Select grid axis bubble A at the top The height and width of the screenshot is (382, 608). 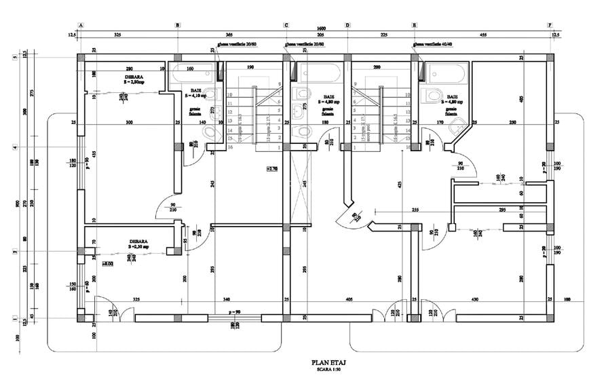pyautogui.click(x=81, y=25)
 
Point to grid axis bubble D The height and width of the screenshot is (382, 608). pyautogui.click(x=347, y=25)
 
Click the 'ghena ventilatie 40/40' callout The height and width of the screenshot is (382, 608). pyautogui.click(x=435, y=45)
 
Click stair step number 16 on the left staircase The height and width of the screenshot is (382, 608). pyautogui.click(x=232, y=147)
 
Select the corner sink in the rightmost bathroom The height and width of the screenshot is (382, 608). pyautogui.click(x=459, y=124)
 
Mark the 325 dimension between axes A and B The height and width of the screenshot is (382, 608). pyautogui.click(x=117, y=33)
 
